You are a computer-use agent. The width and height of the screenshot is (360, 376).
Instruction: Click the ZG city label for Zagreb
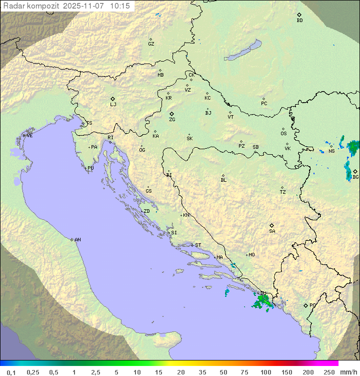coord(172,120)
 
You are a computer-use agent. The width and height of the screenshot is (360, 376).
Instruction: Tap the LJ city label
coord(113,105)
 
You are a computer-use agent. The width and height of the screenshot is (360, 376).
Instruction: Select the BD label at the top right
coord(299,21)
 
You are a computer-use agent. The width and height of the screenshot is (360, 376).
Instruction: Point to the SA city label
coord(272,231)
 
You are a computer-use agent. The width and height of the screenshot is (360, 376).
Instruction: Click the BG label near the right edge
coord(355,177)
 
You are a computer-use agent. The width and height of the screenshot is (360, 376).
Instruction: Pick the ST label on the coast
coord(198,245)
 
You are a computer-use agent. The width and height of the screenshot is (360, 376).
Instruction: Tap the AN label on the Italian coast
coord(77,240)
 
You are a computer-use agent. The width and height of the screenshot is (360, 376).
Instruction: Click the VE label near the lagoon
coord(29,136)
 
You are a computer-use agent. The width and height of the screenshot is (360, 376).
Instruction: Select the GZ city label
coord(151,44)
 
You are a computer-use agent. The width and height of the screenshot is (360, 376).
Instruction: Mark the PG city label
coord(312,305)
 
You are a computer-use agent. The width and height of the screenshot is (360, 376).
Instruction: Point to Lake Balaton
coord(242,51)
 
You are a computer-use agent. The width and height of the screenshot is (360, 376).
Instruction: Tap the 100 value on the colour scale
coord(265,372)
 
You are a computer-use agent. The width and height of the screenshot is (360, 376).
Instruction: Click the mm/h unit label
coord(346,372)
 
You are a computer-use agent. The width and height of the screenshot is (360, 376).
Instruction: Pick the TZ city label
coord(283,192)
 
